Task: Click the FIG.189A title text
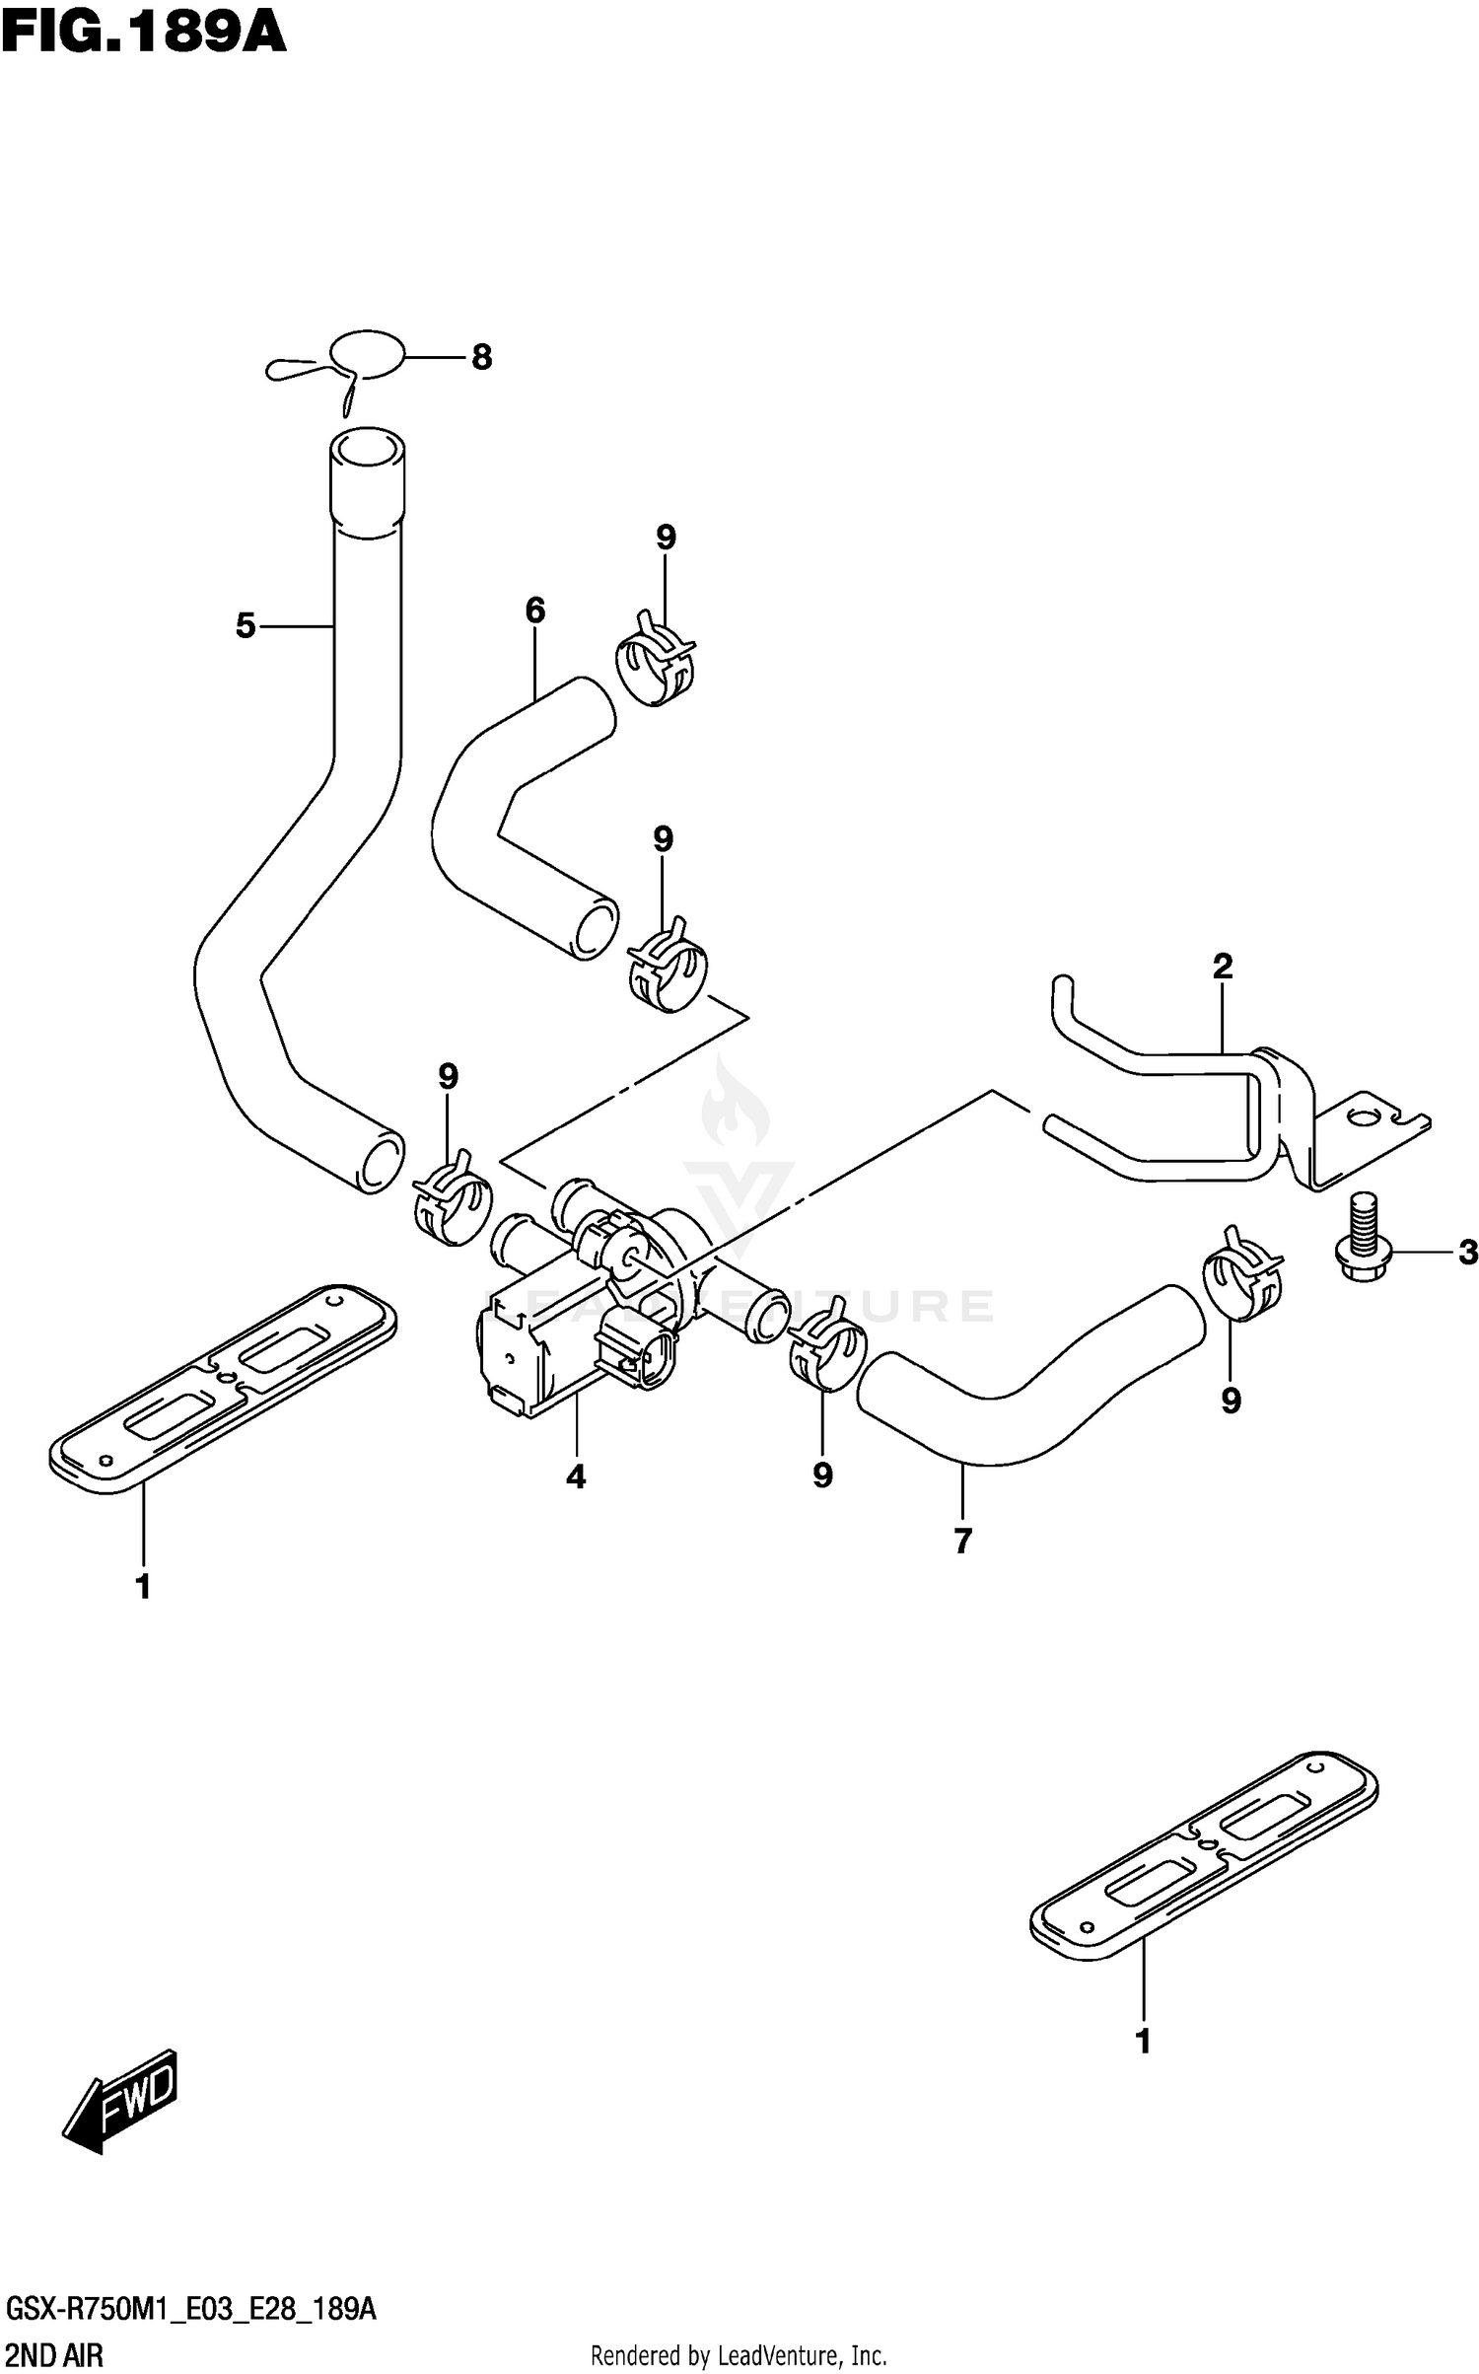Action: coord(144,34)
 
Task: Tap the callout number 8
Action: coord(481,357)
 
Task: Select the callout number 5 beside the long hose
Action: coord(246,625)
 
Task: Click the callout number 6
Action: coord(535,611)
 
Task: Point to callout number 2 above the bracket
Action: coord(1223,966)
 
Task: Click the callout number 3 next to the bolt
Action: coord(1468,1253)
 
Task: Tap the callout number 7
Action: coord(963,1541)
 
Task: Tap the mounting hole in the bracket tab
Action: coord(1363,1117)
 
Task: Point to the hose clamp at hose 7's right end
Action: coord(1242,1274)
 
